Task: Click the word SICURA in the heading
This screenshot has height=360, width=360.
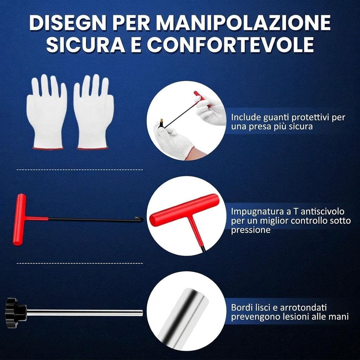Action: [x=86, y=44]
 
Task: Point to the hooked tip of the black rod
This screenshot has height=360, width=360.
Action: [x=139, y=218]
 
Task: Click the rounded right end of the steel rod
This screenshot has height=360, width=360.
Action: [x=141, y=313]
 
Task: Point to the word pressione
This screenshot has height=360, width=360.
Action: [x=250, y=230]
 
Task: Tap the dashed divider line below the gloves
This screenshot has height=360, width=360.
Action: [x=80, y=170]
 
